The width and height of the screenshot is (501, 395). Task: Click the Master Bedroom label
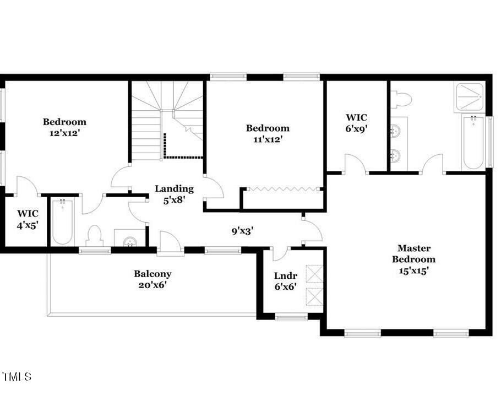click(x=415, y=259)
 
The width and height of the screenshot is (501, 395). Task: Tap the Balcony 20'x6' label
click(x=153, y=279)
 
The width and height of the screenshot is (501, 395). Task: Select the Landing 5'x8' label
click(x=174, y=194)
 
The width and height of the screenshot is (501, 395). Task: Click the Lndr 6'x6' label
click(x=286, y=281)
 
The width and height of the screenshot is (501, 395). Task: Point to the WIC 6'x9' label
click(x=356, y=123)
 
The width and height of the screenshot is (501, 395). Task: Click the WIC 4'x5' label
click(x=28, y=219)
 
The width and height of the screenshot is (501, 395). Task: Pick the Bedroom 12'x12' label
click(x=65, y=127)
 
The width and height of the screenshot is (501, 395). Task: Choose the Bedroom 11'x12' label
click(x=268, y=133)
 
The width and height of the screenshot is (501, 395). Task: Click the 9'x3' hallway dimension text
click(x=242, y=231)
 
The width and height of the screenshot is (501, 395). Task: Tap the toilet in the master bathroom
click(x=403, y=99)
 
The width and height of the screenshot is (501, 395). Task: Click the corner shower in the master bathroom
click(x=470, y=98)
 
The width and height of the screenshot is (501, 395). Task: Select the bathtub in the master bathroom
click(x=473, y=143)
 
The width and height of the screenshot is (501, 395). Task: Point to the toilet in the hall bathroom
click(x=95, y=236)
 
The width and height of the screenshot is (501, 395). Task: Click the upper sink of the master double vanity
click(x=395, y=132)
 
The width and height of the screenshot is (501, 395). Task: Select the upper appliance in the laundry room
click(x=314, y=274)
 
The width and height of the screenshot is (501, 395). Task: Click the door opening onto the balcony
click(x=171, y=244)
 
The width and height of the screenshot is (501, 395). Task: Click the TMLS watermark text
click(x=17, y=377)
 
